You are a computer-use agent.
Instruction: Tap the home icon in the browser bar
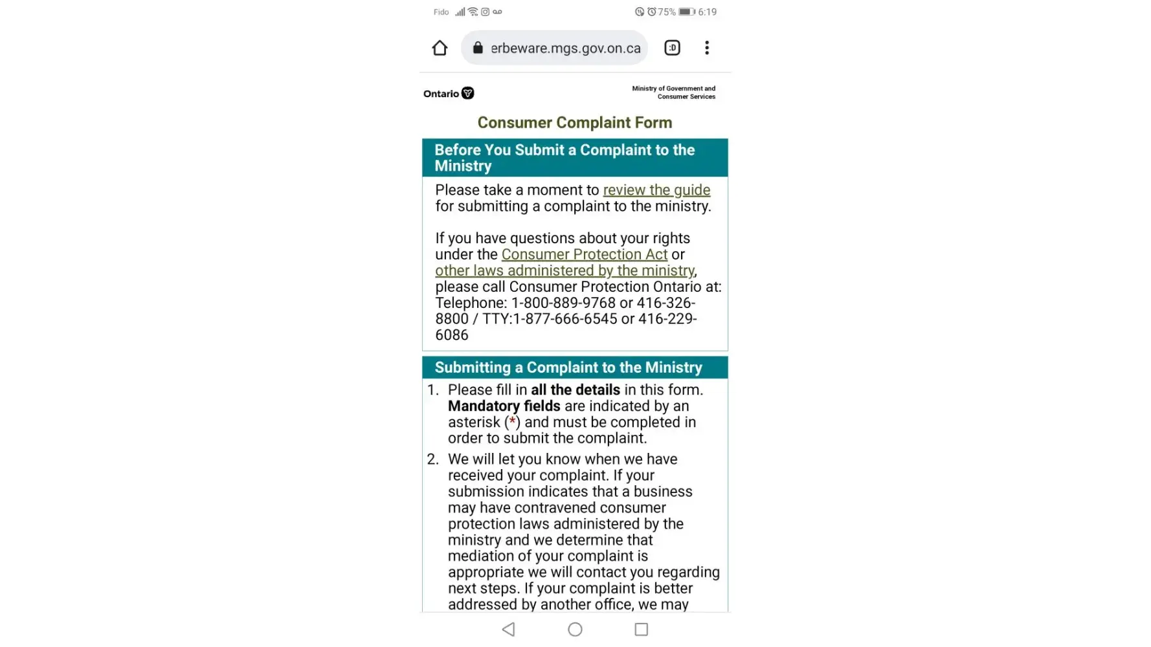440,48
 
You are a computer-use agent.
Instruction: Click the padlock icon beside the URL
478,48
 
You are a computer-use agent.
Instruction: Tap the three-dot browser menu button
707,48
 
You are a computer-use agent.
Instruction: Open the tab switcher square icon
672,48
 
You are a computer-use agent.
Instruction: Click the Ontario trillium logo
467,93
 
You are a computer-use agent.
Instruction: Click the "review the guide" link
656,190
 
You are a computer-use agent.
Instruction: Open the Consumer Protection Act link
584,254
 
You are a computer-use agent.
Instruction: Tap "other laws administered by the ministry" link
564,270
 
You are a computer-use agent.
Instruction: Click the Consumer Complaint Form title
575,122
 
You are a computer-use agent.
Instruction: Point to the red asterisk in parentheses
512,421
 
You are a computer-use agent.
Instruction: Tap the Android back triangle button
509,629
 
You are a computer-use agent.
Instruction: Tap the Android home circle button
575,629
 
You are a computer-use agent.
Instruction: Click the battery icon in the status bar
687,12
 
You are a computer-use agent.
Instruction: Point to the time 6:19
707,12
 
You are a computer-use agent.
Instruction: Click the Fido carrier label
441,12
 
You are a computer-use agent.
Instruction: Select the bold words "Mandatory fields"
504,406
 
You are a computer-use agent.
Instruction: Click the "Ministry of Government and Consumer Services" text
674,93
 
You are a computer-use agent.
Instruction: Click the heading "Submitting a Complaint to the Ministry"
568,367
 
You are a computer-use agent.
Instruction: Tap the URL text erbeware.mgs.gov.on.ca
565,48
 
